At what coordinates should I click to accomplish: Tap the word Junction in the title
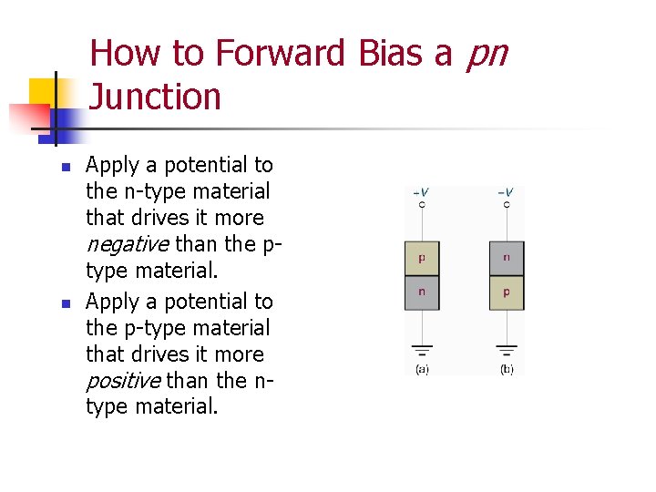[156, 97]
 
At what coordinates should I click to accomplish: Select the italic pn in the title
[486, 55]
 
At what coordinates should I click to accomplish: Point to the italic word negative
[127, 244]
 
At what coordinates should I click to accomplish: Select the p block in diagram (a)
[422, 258]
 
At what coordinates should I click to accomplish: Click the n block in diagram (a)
[422, 292]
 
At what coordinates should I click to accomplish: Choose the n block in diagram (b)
[507, 258]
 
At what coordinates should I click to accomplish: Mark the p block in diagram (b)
[507, 292]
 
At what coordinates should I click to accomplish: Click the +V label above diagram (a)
[421, 192]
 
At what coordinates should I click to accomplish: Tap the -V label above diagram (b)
[506, 192]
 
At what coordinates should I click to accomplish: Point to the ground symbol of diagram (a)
[422, 350]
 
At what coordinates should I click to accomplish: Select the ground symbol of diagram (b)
[507, 350]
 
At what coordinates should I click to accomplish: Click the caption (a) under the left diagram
[422, 369]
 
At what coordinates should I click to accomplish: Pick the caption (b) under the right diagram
[507, 369]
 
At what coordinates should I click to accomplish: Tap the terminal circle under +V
[421, 205]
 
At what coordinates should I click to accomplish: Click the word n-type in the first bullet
[148, 191]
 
